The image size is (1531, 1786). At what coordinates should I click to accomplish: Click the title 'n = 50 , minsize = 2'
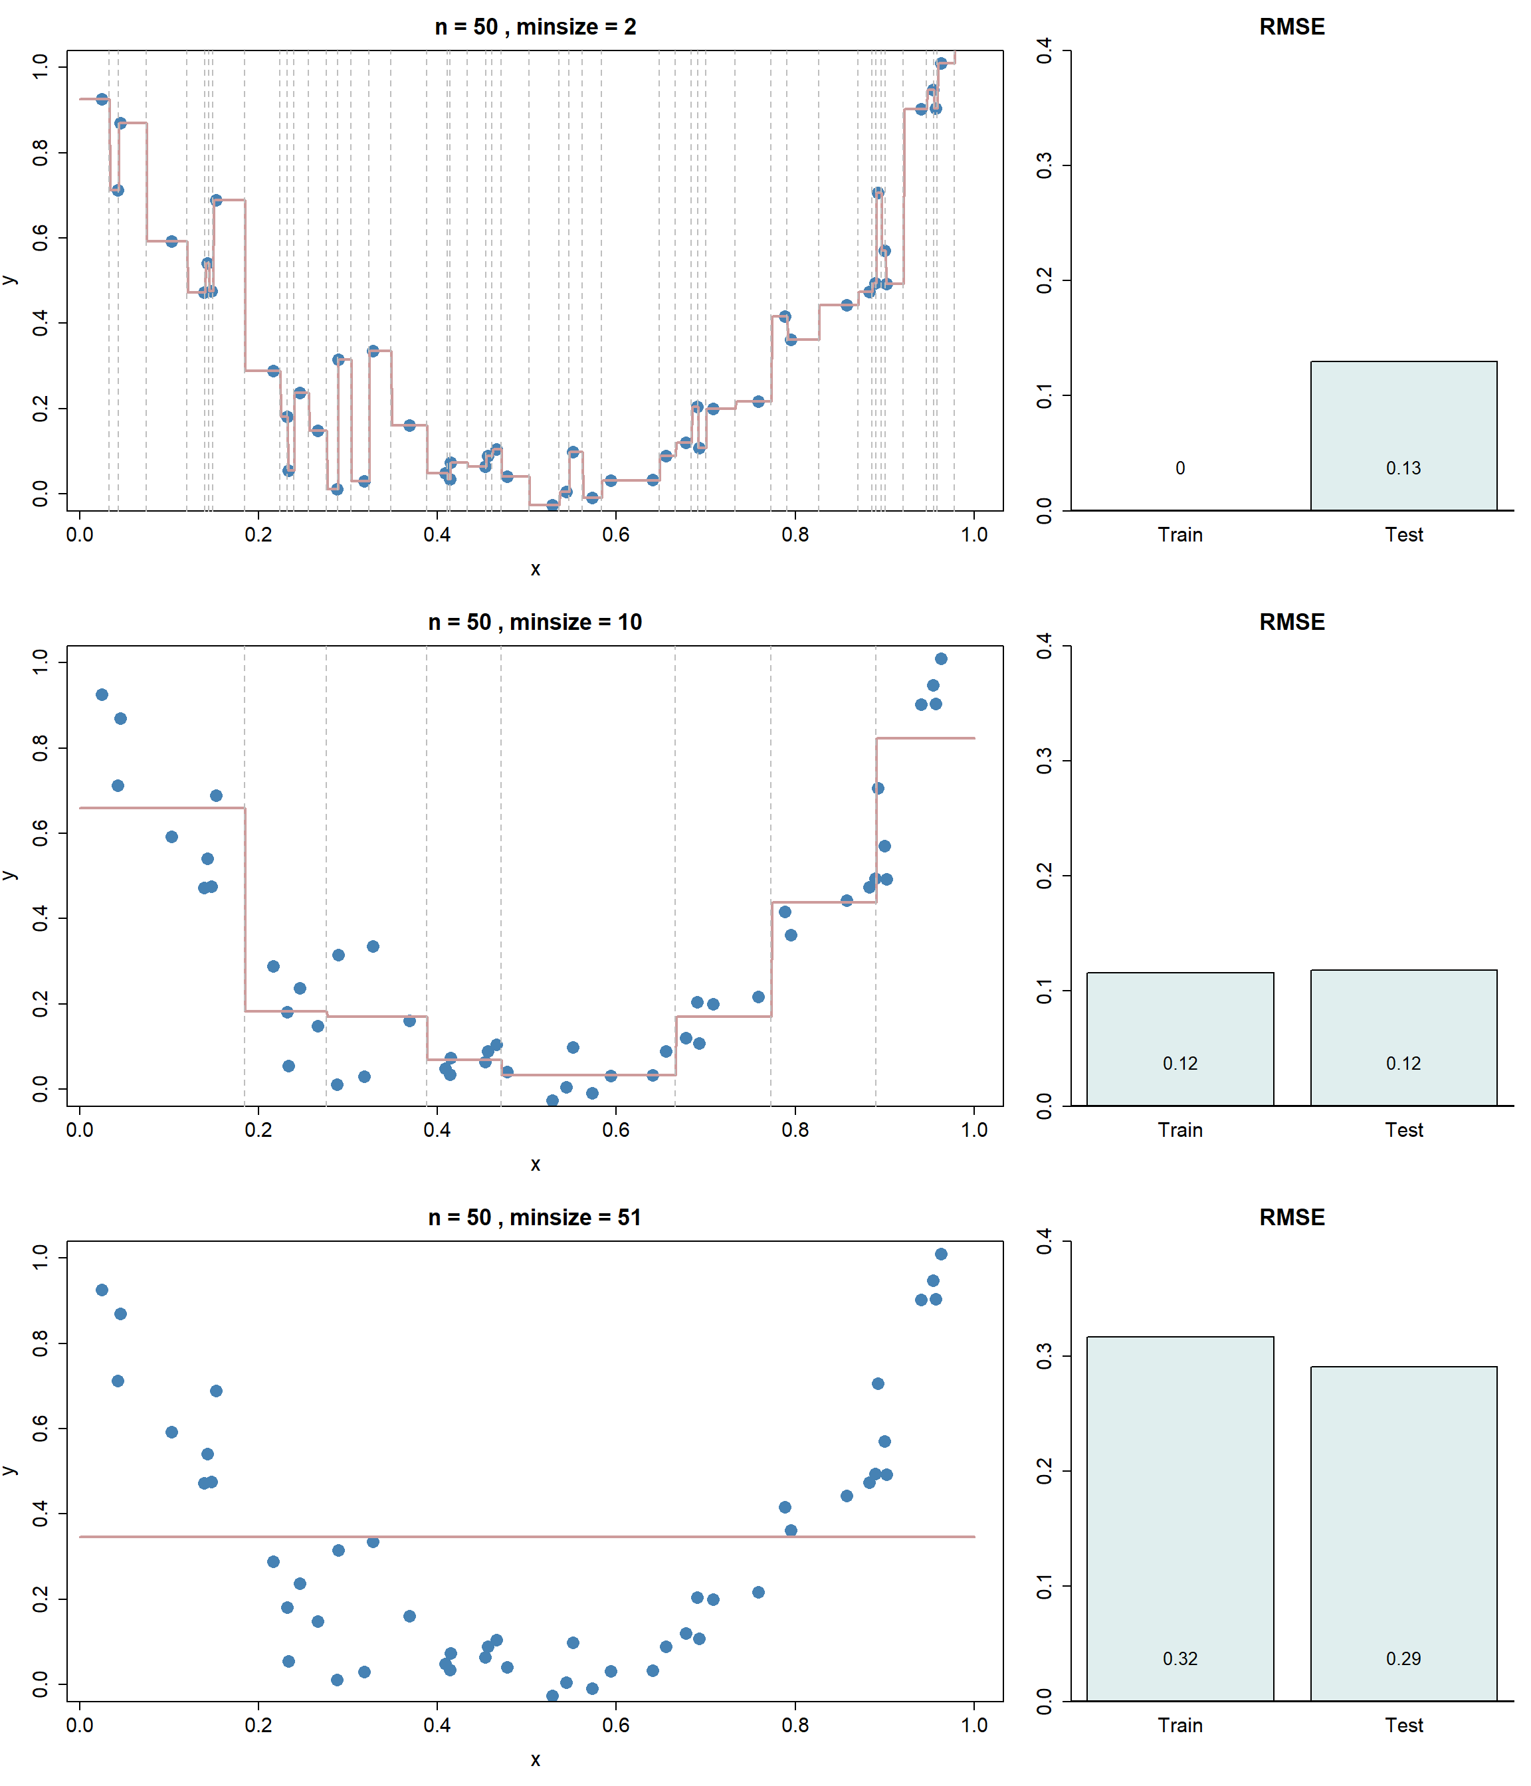(536, 27)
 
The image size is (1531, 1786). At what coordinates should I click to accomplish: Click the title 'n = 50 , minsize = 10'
(536, 623)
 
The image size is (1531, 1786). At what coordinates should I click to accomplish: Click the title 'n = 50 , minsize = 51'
(536, 1217)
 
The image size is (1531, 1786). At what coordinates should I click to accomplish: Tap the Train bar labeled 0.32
(1179, 1517)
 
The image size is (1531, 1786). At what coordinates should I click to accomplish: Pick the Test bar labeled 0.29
(1403, 1534)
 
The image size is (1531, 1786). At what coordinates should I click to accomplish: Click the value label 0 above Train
(1180, 468)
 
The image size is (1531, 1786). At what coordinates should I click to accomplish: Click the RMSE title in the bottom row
(1291, 1217)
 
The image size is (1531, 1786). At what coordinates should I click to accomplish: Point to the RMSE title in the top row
(1291, 27)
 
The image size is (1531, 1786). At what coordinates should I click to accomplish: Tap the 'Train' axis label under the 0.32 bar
(1179, 1726)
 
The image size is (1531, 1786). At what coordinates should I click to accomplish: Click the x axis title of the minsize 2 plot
(536, 569)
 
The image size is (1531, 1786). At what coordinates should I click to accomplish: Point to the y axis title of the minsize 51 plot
(11, 1470)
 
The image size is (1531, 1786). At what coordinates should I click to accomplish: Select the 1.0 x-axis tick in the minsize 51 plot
(974, 1726)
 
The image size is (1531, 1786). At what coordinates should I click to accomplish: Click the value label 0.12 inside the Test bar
(1403, 1064)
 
